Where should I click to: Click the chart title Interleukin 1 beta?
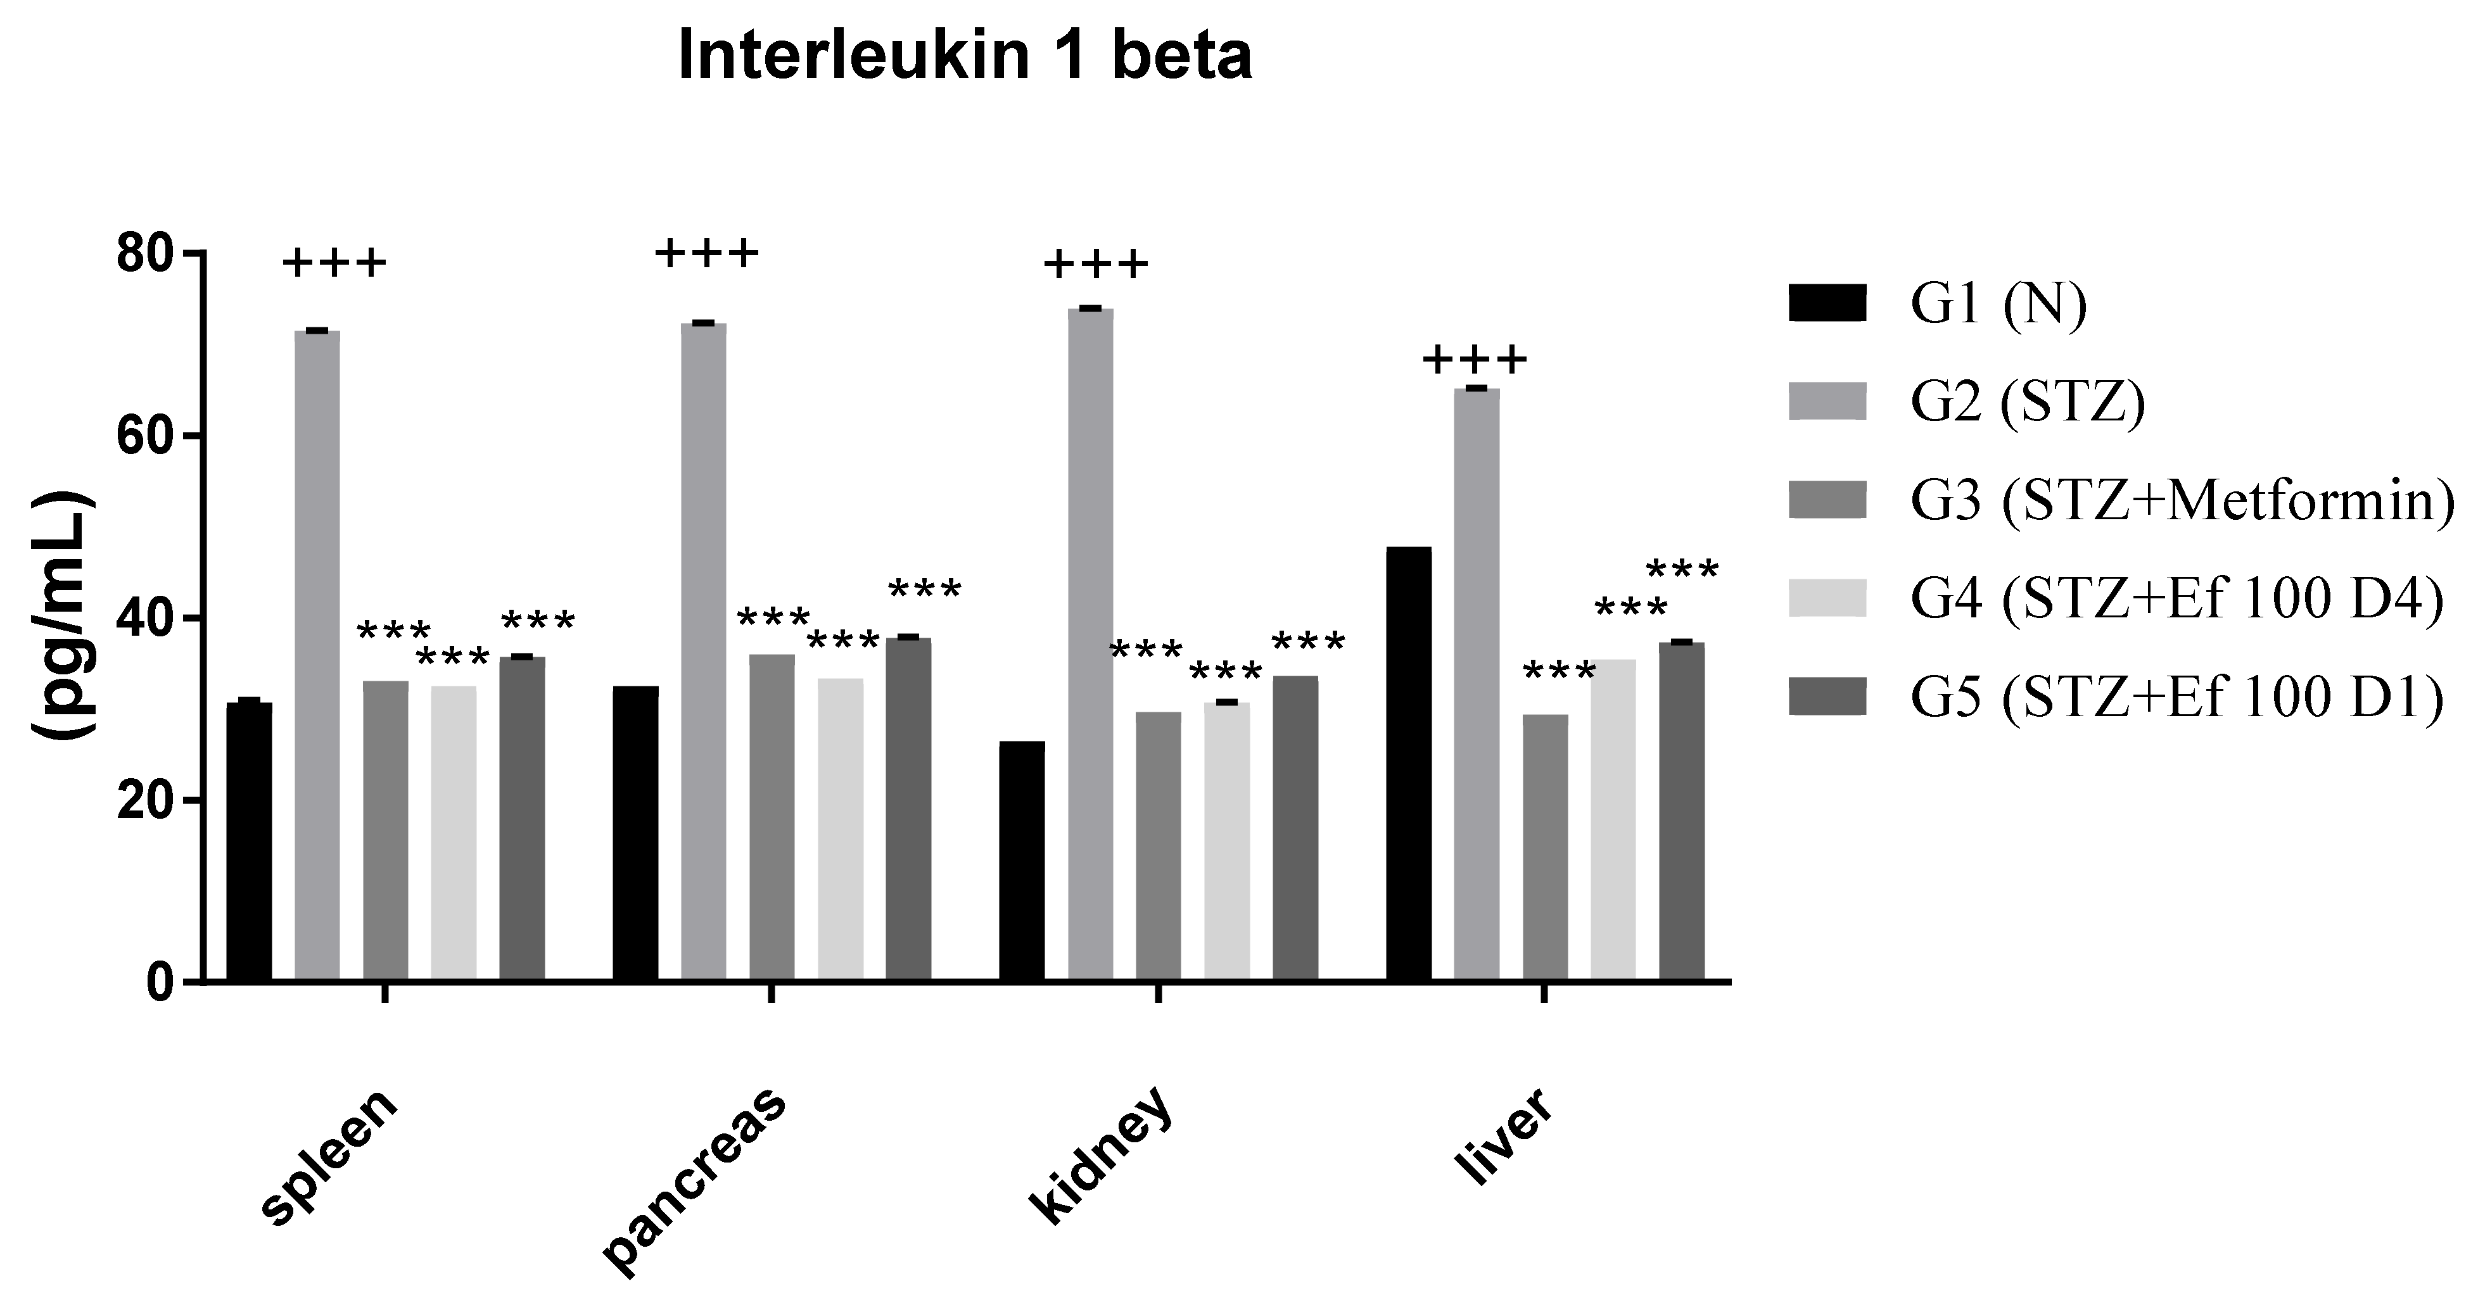(965, 56)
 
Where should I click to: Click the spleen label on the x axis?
(330, 1157)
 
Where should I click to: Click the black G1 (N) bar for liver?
(1407, 764)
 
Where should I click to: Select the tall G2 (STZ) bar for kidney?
(1090, 645)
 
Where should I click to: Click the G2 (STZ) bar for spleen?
(317, 656)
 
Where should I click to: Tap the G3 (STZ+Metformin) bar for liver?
(1545, 847)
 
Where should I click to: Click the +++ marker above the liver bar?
(1474, 362)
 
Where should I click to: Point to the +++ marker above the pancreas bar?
(707, 255)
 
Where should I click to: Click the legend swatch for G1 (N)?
(1827, 302)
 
